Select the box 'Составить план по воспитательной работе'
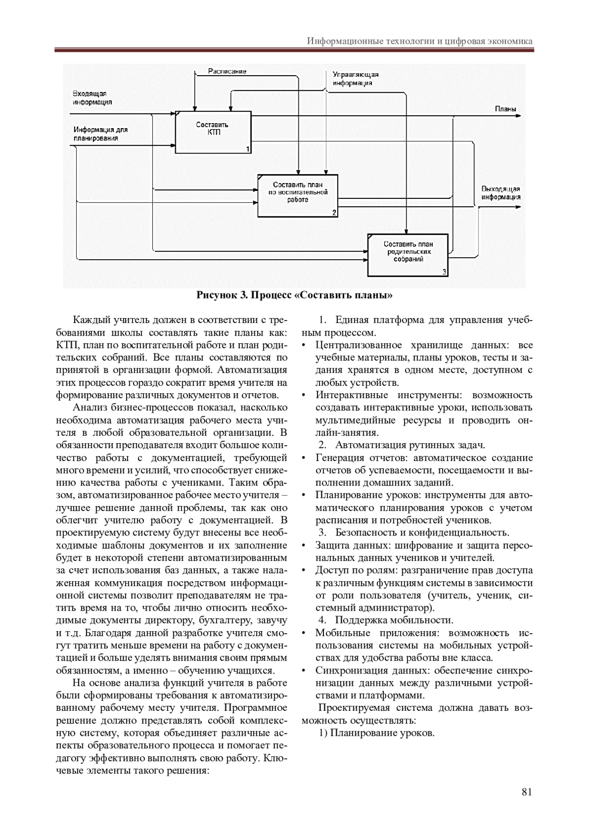point(298,195)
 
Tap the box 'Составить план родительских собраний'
point(408,255)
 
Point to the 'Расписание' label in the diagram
point(227,71)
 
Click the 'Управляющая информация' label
point(355,79)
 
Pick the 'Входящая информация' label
point(92,98)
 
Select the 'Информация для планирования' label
point(101,134)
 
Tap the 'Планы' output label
point(505,109)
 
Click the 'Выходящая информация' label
point(501,193)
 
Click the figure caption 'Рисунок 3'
point(294,296)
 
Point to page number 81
point(527,791)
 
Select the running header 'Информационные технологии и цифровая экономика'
point(420,41)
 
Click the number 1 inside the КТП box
point(247,148)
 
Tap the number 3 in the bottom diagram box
point(444,271)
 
